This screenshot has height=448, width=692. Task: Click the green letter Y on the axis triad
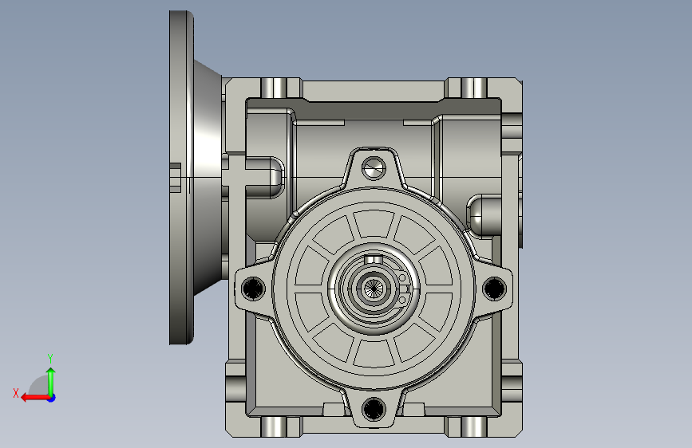tap(50, 358)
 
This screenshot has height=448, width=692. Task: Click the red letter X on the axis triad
tap(16, 393)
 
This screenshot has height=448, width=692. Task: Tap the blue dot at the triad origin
tap(51, 398)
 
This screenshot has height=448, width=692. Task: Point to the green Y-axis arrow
tap(51, 382)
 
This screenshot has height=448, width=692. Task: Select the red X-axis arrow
tap(35, 398)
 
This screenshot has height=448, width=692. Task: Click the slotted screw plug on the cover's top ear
tap(374, 168)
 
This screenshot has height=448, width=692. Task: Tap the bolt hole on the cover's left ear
tap(253, 288)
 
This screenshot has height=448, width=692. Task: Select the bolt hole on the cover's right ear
tap(494, 288)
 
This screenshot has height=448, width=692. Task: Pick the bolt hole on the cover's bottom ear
tap(374, 408)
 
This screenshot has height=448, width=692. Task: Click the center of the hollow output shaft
tap(374, 289)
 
